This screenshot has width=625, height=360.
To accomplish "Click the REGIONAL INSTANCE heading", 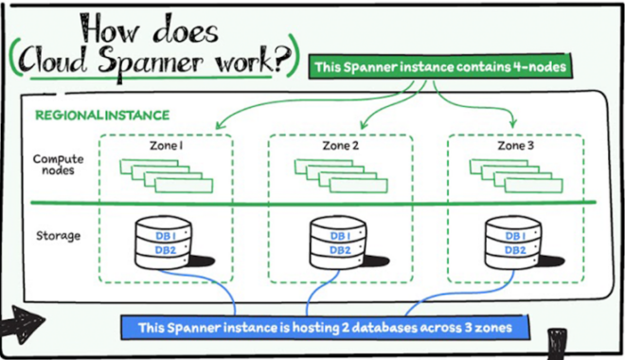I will [x=102, y=116].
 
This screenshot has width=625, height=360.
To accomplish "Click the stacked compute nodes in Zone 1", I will [x=166, y=174].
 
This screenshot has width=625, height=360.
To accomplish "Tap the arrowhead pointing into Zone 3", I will [x=512, y=123].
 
